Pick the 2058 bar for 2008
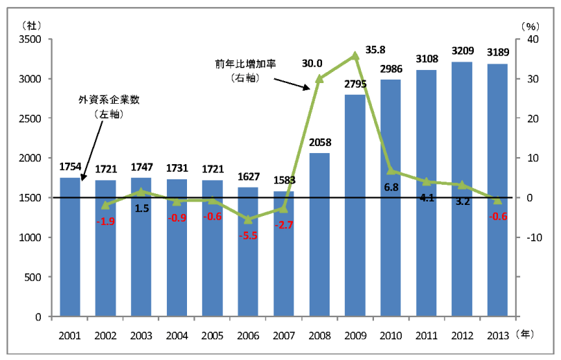[319, 235]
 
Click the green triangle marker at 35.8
[355, 55]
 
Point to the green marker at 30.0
[319, 79]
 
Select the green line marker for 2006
[248, 219]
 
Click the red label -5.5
[248, 235]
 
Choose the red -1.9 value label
[106, 221]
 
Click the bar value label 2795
[355, 85]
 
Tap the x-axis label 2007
[283, 335]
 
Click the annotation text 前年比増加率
[244, 64]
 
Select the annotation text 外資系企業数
[109, 100]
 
